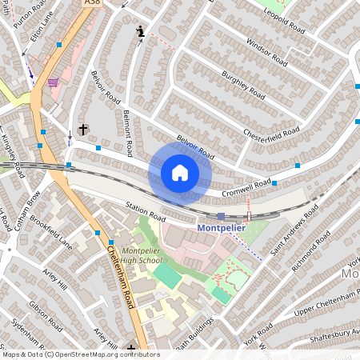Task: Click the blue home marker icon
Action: [x=180, y=173]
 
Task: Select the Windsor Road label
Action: [x=266, y=52]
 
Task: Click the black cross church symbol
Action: [x=82, y=129]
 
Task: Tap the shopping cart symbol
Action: [x=53, y=82]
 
